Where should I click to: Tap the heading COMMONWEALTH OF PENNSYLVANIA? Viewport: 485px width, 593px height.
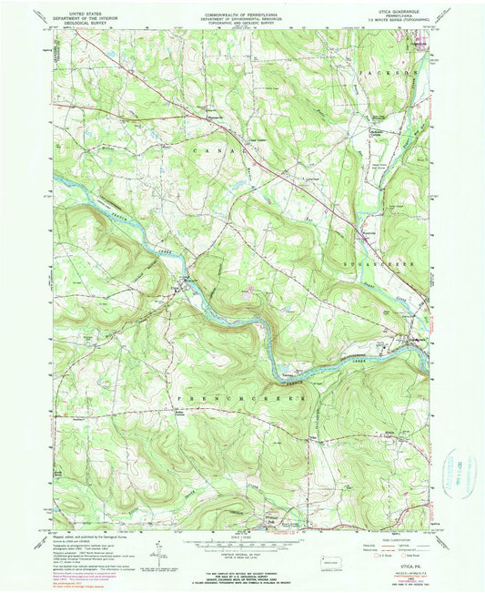[242, 8]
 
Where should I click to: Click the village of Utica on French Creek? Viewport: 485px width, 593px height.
[188, 283]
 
